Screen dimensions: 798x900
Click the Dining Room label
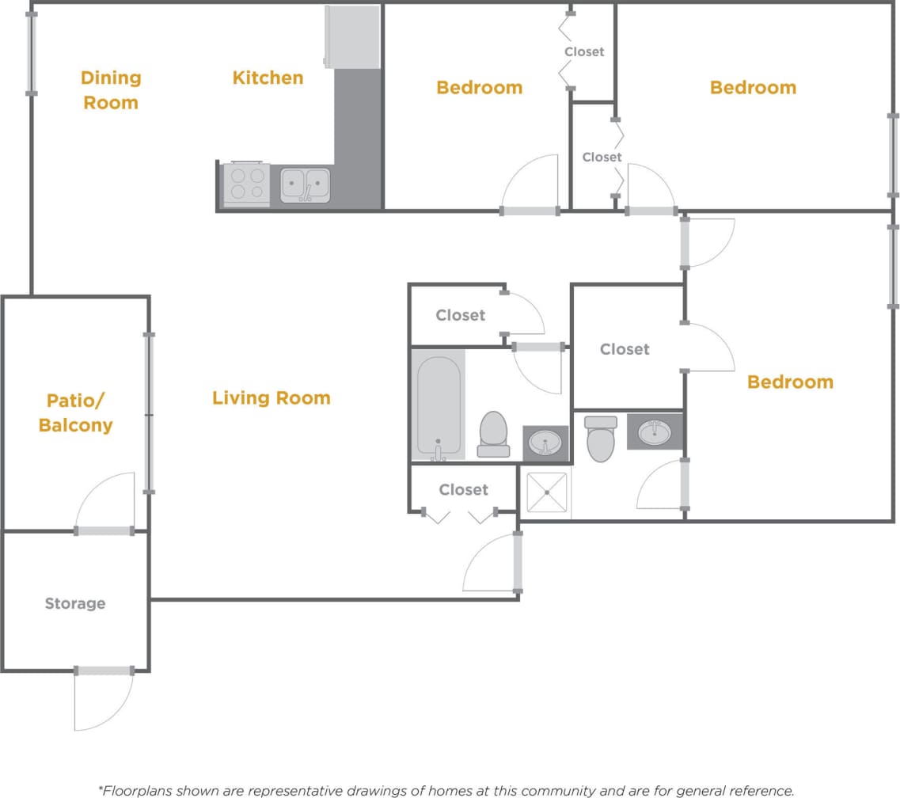coord(111,90)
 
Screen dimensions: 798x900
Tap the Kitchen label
coord(268,78)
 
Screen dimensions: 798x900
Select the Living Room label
coord(271,397)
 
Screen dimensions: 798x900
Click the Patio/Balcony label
coord(75,412)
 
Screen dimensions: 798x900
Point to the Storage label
coord(74,603)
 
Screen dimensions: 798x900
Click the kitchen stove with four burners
coord(247,184)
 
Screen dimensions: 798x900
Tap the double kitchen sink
coord(305,185)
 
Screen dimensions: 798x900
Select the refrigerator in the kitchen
coord(353,36)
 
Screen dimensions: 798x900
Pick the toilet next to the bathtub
coord(494,434)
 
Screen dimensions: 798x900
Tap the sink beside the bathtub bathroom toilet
coord(545,443)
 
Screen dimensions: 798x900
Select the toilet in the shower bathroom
coord(601,439)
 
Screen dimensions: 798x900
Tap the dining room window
coord(32,52)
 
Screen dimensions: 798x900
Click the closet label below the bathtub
coord(463,490)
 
